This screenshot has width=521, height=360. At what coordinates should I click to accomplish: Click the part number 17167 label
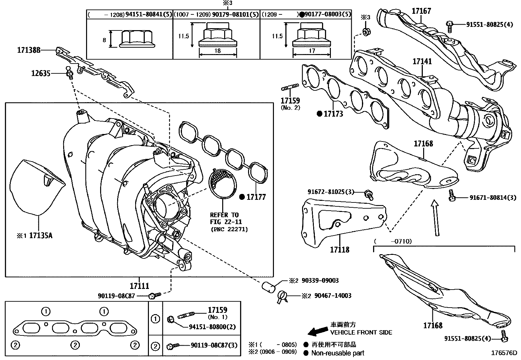click(x=421, y=11)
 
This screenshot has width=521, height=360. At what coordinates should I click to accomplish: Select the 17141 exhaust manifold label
click(x=422, y=61)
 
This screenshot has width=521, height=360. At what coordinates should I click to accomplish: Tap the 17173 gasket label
click(x=333, y=114)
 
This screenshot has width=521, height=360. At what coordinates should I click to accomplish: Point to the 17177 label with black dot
click(x=256, y=197)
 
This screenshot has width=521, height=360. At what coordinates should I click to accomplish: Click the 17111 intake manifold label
click(x=139, y=286)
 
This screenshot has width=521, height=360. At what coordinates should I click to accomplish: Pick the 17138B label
click(x=29, y=50)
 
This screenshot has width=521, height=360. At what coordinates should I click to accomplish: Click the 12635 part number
click(x=41, y=73)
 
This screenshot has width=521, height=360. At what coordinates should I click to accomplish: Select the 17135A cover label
click(x=41, y=235)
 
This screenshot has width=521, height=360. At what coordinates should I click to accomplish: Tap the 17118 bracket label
click(x=339, y=250)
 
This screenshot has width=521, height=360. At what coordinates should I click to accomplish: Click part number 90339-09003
click(x=320, y=280)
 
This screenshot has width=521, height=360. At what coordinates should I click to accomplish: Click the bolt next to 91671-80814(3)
click(x=452, y=195)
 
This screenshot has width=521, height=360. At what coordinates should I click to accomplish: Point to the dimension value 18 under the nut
click(x=218, y=51)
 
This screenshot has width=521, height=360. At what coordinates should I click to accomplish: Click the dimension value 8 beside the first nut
click(x=104, y=40)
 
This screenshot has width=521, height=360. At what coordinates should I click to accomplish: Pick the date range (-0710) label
click(x=392, y=241)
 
